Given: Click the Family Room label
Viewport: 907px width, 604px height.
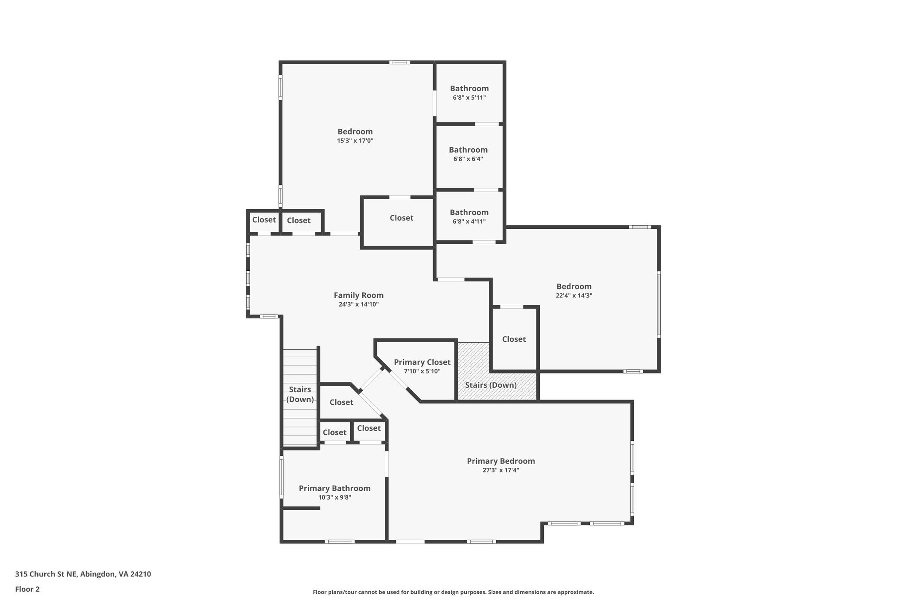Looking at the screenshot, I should tap(358, 295).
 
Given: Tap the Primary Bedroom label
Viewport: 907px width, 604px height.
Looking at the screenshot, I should tap(500, 461).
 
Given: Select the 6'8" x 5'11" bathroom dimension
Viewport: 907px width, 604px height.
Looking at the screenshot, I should tap(469, 98).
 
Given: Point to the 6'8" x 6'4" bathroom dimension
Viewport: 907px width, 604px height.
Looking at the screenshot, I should tap(468, 159).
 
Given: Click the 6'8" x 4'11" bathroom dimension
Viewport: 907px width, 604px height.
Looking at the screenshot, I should tap(469, 222).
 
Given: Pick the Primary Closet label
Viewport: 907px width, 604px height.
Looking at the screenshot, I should tap(422, 362).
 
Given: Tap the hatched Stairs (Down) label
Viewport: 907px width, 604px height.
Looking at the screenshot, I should tap(491, 385).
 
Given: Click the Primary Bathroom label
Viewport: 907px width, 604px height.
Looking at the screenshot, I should tap(334, 488).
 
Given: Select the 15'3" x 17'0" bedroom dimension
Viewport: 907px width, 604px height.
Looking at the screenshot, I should tap(355, 141).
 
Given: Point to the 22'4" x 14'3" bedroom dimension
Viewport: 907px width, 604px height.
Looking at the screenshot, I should tap(574, 296).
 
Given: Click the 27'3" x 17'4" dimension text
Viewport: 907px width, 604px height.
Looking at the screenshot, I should tap(500, 470).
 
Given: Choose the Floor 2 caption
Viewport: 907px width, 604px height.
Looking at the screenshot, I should tap(27, 589).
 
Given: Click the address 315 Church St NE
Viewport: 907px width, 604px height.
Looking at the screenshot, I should tap(83, 574).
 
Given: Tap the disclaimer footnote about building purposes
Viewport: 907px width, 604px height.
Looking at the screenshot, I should tap(453, 592).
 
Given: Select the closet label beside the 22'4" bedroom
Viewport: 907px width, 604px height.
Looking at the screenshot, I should tap(514, 339).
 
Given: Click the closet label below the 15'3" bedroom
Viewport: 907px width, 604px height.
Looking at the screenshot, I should tap(401, 218).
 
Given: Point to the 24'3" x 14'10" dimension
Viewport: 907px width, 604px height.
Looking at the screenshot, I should tap(358, 304).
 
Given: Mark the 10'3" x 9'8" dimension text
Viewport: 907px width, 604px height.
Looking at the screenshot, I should tap(334, 497).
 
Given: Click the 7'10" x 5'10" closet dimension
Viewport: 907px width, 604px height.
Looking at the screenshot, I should tap(422, 372).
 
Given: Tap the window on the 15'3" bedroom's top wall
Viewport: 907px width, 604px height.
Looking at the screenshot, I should tap(399, 62).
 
